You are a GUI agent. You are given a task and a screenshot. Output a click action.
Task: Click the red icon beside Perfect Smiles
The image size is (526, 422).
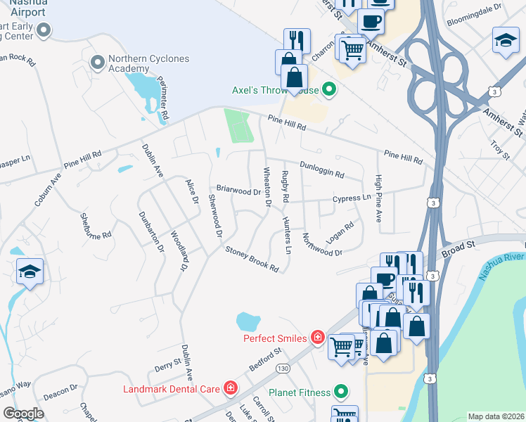click(x=317, y=338)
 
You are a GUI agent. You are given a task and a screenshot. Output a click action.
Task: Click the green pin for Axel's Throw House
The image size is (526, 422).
click(x=328, y=89)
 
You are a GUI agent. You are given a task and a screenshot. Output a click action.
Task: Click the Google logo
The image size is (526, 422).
click(x=23, y=414)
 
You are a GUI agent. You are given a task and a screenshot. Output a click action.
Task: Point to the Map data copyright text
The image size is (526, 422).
click(x=496, y=416)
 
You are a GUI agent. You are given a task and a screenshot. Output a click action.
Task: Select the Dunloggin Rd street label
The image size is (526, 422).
click(x=321, y=169)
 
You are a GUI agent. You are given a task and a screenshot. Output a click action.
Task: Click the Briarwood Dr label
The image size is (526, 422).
click(x=238, y=190)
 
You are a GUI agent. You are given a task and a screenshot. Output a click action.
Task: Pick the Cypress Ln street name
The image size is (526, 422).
click(x=352, y=198)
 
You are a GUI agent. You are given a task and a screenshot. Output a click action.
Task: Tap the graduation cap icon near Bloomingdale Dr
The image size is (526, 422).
click(x=505, y=39)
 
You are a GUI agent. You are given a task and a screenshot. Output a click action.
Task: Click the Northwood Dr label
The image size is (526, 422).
click(x=322, y=243)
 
